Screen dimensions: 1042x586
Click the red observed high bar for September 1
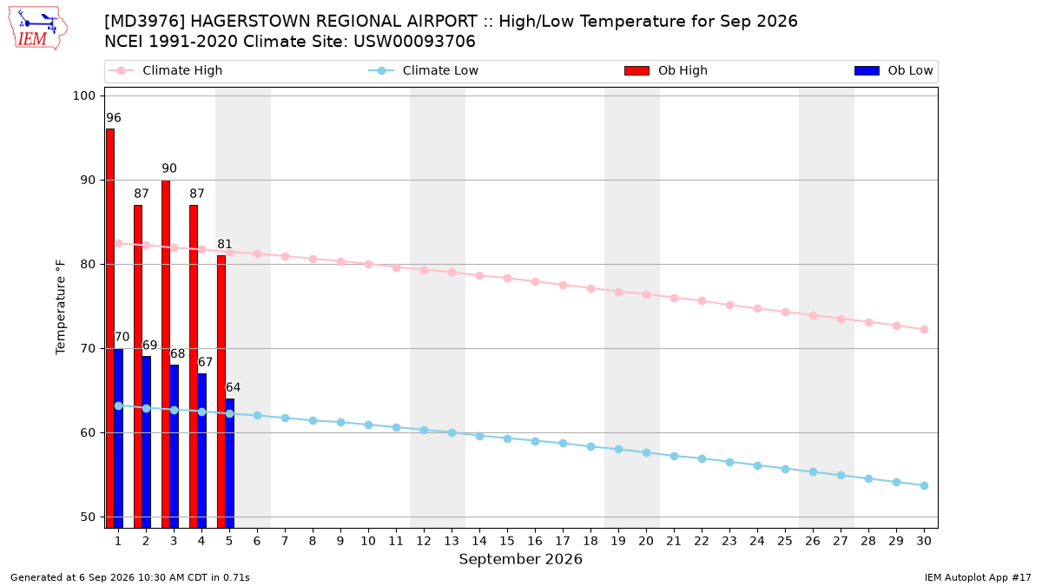tap(110, 328)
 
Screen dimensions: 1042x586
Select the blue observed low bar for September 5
tap(230, 464)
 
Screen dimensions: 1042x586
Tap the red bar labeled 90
tap(166, 354)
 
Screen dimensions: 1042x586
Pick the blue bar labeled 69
tap(147, 442)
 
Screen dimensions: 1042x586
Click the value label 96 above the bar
tap(114, 118)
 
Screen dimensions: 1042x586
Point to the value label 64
tap(233, 387)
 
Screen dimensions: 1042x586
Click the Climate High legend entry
tap(166, 70)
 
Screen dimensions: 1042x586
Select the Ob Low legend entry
tap(894, 70)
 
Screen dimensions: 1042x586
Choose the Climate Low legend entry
tap(424, 70)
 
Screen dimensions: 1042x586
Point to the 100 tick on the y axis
tap(83, 95)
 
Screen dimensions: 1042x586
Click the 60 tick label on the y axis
tap(88, 432)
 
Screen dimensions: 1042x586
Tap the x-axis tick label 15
tap(507, 541)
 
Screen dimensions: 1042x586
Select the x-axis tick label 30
tap(924, 541)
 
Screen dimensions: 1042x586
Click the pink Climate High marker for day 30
tap(924, 329)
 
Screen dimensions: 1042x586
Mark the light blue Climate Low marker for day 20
tap(646, 452)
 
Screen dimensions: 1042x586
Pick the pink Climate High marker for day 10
tap(368, 264)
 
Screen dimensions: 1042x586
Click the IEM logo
tap(38, 29)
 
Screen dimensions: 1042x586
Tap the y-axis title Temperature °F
tap(61, 307)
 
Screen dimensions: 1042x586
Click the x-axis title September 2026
tap(520, 559)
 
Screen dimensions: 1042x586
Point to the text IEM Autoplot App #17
tap(978, 577)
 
